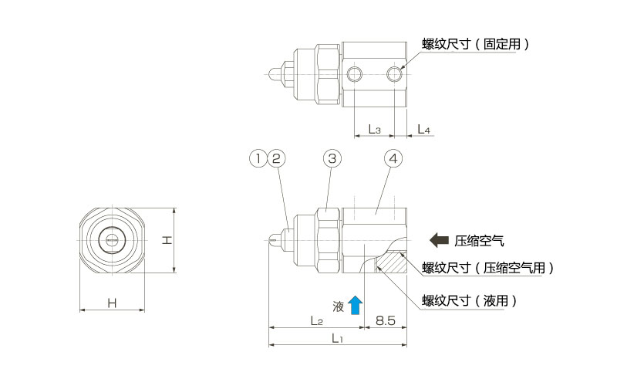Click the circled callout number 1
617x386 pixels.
tap(258, 158)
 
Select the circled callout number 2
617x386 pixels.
tap(276, 158)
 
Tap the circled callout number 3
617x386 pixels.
tap(332, 158)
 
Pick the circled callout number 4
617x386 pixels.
tap(393, 158)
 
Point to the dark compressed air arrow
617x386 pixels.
tap(440, 240)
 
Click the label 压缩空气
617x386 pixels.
tap(480, 240)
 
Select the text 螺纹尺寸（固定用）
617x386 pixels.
tap(475, 44)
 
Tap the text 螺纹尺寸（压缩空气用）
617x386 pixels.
tap(487, 268)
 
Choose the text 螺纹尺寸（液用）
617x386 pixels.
tap(470, 300)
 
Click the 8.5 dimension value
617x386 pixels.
tap(386, 320)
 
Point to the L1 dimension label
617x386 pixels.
tap(337, 338)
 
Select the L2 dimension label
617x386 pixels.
tap(315, 320)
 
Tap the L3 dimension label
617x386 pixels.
tap(374, 129)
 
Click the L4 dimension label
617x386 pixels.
tap(423, 129)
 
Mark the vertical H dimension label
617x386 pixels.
tap(166, 240)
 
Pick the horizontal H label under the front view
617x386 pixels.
tap(112, 303)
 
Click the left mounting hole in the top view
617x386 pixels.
tap(355, 74)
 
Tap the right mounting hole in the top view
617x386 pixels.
tap(395, 74)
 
